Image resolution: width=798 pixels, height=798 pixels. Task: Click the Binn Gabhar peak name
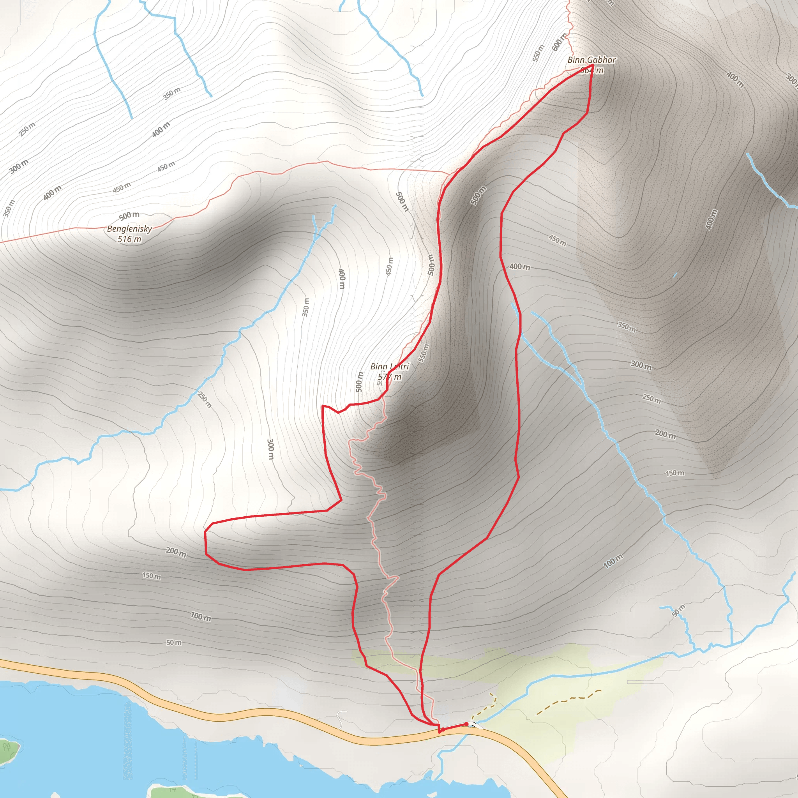(x=591, y=60)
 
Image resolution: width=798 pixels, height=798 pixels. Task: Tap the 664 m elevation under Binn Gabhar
(x=592, y=71)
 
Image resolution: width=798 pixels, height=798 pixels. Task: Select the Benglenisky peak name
(x=129, y=229)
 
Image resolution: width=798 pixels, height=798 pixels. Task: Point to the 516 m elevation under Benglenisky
(x=129, y=239)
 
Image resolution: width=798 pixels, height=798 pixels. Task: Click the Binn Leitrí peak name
(x=390, y=366)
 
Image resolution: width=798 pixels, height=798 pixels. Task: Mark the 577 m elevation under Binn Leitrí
(x=390, y=377)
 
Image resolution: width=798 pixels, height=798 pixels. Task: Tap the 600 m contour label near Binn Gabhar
(x=560, y=42)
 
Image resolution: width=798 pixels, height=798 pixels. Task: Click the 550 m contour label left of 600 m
(x=538, y=53)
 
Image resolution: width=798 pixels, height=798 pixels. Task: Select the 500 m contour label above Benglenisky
(x=129, y=215)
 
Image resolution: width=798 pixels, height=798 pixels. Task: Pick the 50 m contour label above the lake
(x=174, y=643)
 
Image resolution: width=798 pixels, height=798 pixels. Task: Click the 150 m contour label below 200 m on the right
(x=674, y=473)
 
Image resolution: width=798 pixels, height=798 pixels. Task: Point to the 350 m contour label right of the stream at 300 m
(x=626, y=327)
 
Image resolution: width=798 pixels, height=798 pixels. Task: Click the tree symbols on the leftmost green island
(x=7, y=747)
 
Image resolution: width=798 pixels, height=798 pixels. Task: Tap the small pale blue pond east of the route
(x=675, y=275)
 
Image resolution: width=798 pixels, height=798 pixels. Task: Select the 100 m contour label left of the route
(x=201, y=617)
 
